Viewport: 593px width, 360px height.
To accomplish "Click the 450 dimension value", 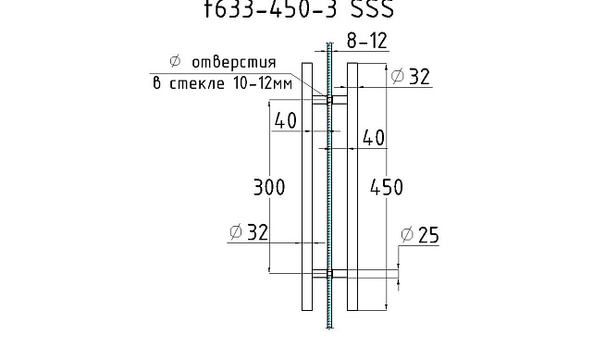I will tap(386, 188).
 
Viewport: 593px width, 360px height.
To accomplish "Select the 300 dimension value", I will tap(269, 188).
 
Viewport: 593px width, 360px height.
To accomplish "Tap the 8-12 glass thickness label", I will tap(367, 41).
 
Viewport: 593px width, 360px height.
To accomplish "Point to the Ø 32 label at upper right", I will tap(411, 78).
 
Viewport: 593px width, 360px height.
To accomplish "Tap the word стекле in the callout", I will tap(196, 81).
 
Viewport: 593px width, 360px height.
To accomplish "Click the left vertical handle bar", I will tap(307, 185).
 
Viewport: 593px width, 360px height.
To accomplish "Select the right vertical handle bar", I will tap(352, 185).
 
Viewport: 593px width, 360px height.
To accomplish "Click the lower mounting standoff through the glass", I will tap(329, 273).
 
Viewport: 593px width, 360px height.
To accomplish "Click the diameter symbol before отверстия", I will tap(167, 63).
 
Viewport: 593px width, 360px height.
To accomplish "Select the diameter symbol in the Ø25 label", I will tap(406, 237).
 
